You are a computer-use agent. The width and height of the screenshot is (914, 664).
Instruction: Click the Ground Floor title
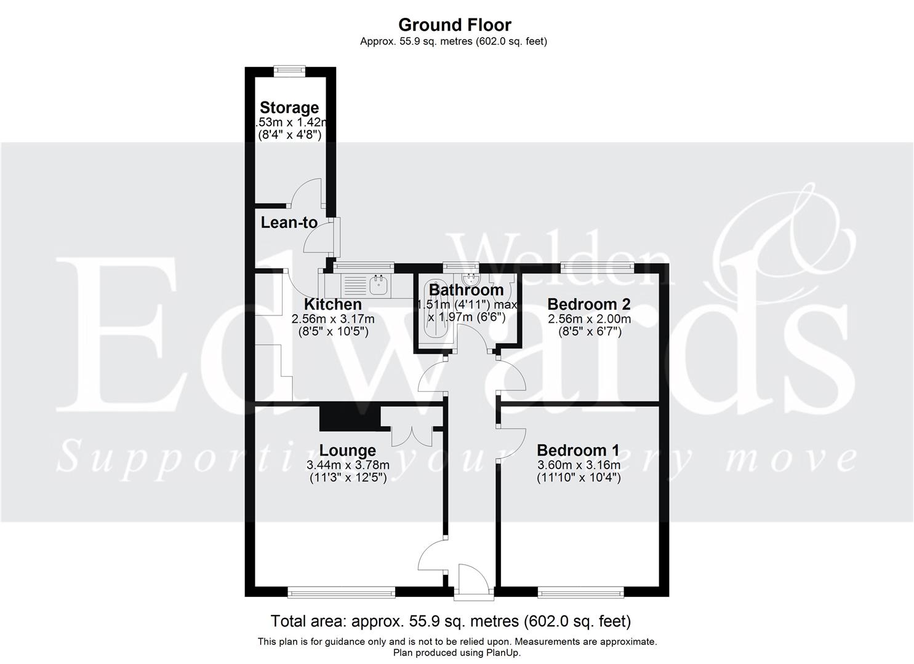454,25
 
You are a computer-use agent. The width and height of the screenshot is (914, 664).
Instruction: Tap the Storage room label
289,108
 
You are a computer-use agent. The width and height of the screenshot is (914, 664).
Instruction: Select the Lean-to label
289,223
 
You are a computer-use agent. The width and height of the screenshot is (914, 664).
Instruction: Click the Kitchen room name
332,304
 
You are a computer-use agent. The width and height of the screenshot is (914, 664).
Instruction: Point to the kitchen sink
378,284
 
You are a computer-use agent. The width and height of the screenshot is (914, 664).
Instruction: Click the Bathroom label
466,290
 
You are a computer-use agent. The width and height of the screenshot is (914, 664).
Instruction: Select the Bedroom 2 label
588,304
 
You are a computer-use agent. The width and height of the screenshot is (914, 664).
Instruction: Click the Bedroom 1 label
578,450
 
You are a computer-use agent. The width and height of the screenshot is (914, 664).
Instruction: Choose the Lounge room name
347,451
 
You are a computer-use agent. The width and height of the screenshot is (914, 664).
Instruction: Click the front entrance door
471,580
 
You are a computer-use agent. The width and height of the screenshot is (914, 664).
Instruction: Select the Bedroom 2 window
597,266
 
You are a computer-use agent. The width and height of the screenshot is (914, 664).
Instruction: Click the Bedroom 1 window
580,593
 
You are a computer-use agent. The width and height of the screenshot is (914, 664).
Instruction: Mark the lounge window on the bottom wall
341,593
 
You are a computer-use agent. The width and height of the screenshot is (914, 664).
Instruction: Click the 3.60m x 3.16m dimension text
579,465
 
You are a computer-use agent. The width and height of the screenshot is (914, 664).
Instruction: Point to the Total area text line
451,621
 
